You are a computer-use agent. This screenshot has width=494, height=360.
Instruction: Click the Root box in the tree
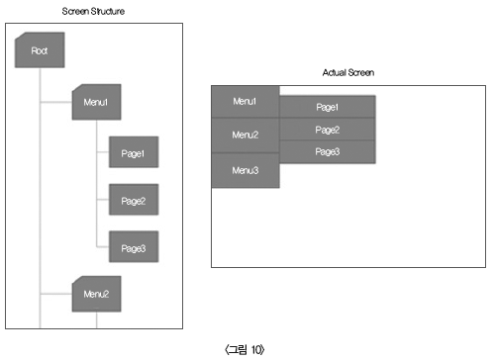(40, 50)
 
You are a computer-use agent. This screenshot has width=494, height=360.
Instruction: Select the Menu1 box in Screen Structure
(96, 102)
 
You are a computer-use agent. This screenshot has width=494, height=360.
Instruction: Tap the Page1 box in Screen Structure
(134, 152)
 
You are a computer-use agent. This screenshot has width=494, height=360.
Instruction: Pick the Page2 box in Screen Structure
(134, 200)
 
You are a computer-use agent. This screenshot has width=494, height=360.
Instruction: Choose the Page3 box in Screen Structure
(134, 247)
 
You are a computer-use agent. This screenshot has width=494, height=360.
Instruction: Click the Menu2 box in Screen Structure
(96, 294)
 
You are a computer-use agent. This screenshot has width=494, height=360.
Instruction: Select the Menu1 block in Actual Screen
(246, 102)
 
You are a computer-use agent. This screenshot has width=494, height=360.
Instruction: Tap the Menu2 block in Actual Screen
(246, 135)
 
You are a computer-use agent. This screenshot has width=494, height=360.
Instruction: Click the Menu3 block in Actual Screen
(246, 170)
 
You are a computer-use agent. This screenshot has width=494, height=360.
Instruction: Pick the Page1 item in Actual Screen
(328, 107)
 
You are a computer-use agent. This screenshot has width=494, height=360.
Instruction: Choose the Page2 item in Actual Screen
(328, 130)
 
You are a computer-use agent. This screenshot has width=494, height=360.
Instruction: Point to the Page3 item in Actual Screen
(328, 152)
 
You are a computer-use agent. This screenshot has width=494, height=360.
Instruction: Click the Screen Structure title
(93, 11)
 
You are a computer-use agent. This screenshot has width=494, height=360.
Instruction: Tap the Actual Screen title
(348, 72)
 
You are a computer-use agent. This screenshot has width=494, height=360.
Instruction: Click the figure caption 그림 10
(245, 349)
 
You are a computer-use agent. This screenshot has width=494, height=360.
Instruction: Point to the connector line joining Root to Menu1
(56, 102)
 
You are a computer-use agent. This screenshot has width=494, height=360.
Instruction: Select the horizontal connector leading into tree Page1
(103, 152)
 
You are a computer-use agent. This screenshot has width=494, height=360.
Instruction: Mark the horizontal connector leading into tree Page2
(103, 200)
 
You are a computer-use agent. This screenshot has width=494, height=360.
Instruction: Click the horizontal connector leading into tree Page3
(103, 246)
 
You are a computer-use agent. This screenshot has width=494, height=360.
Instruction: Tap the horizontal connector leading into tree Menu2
(56, 294)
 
